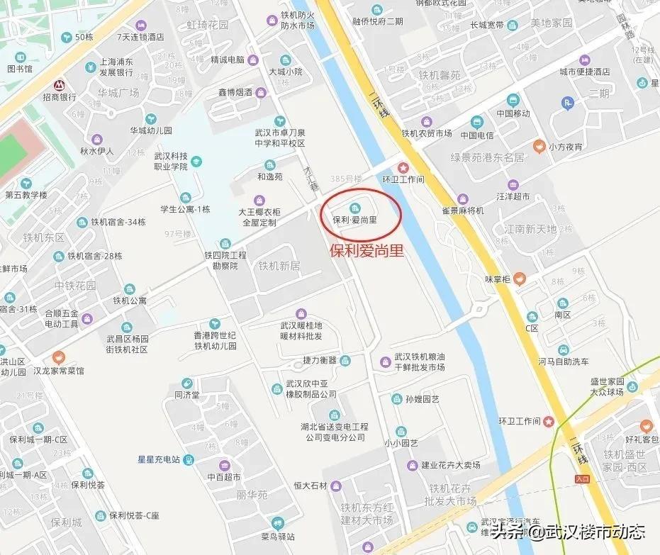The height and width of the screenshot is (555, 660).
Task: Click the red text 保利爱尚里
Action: (368, 250)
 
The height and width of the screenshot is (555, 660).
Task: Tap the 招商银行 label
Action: (60, 97)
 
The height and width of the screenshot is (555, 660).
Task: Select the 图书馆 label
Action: (20, 69)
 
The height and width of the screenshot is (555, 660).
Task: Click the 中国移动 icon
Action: (513, 99)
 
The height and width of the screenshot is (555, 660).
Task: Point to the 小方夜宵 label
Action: (565, 147)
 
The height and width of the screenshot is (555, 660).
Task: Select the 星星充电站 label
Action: (159, 459)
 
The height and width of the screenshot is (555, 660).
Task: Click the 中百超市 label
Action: (224, 478)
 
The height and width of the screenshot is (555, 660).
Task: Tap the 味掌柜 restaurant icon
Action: (520, 278)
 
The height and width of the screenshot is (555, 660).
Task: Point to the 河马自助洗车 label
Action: (563, 361)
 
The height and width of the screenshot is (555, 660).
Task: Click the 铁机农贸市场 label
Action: (426, 133)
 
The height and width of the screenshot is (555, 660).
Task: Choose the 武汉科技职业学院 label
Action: (171, 161)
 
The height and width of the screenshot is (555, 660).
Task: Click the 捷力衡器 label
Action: (319, 360)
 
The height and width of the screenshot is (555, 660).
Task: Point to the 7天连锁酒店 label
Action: (140, 36)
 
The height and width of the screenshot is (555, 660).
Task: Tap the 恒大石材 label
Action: (311, 486)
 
